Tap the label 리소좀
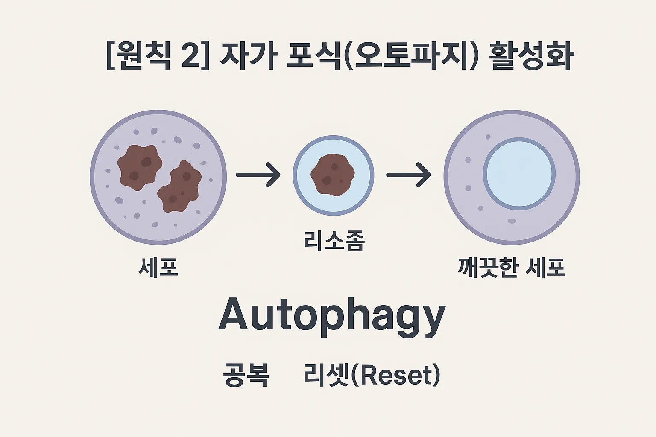coord(334,241)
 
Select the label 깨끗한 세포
coord(511,268)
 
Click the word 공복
coord(246,375)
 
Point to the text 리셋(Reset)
coord(372,375)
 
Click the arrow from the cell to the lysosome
coord(258,175)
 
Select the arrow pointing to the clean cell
coord(408,175)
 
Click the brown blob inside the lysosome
coord(333,175)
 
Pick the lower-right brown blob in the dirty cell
coord(180,186)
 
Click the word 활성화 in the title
coord(531,57)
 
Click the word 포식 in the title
coord(314,57)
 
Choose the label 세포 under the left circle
coord(158,268)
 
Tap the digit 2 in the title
coord(191,57)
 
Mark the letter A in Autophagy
coord(234,315)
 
